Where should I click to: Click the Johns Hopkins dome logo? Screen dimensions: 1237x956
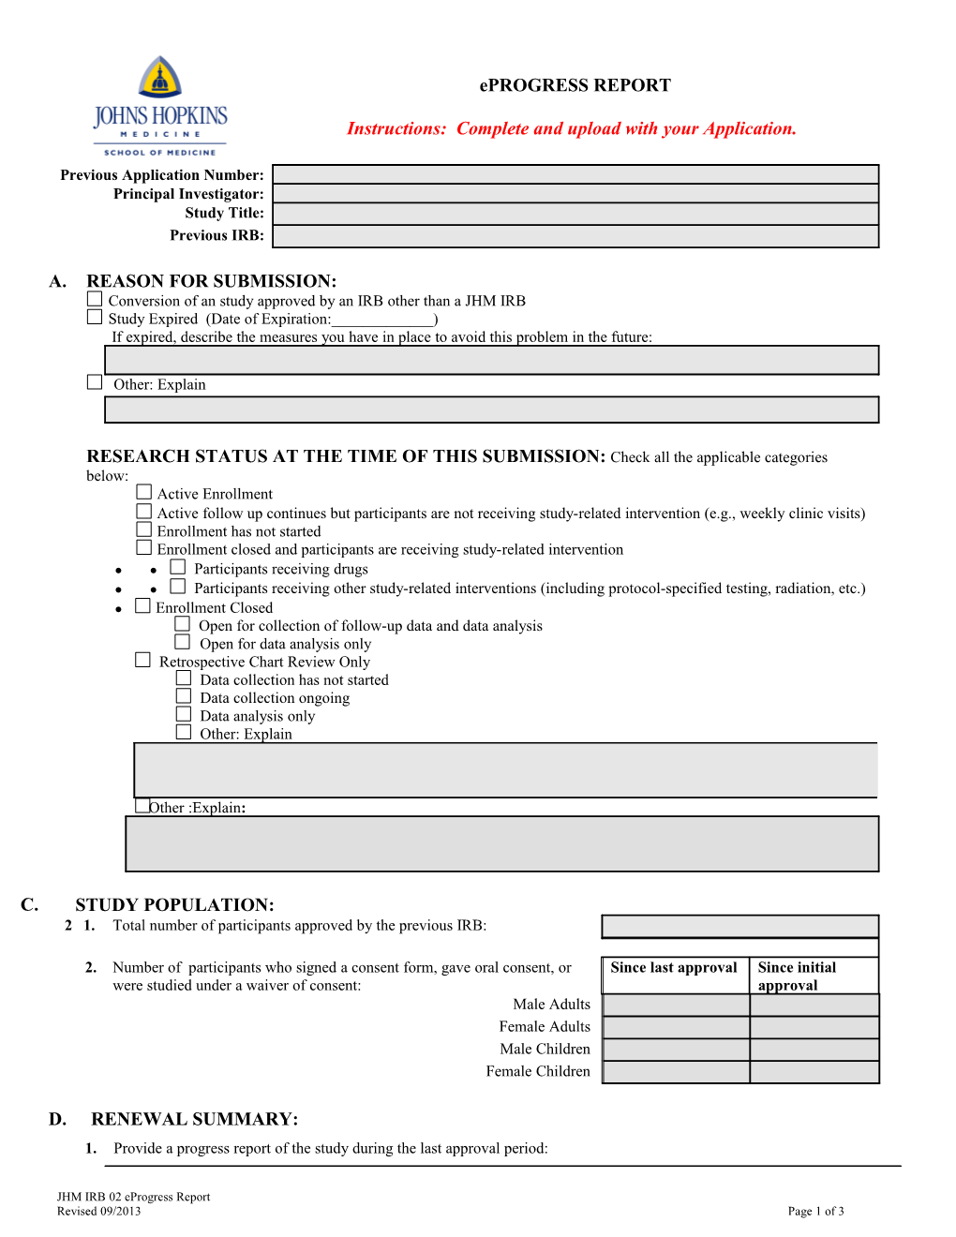point(160,77)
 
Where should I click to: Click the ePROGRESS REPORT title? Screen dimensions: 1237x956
point(575,85)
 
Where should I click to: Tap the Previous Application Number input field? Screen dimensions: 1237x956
point(575,174)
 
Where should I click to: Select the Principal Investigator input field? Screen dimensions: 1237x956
point(575,194)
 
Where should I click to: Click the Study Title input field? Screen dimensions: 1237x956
point(575,214)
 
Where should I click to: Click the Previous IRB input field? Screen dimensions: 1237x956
point(575,236)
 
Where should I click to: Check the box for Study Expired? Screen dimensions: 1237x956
point(95,318)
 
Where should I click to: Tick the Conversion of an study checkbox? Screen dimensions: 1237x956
point(95,299)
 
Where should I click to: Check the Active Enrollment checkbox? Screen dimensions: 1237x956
point(143,492)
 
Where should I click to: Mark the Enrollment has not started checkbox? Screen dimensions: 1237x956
point(143,529)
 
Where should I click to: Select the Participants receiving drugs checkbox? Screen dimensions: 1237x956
point(177,567)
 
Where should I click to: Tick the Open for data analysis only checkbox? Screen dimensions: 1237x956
point(183,642)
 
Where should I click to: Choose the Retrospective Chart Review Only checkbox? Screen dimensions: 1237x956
point(142,660)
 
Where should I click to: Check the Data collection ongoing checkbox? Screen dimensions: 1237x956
point(184,696)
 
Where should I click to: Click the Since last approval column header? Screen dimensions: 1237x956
point(674,968)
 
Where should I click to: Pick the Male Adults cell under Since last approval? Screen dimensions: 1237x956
point(676,1005)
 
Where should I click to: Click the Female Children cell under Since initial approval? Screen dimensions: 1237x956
point(814,1072)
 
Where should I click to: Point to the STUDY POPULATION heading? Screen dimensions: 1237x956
point(174,905)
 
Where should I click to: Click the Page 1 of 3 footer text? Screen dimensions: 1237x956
point(815,1212)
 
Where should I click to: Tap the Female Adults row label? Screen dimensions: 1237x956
point(545,1027)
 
